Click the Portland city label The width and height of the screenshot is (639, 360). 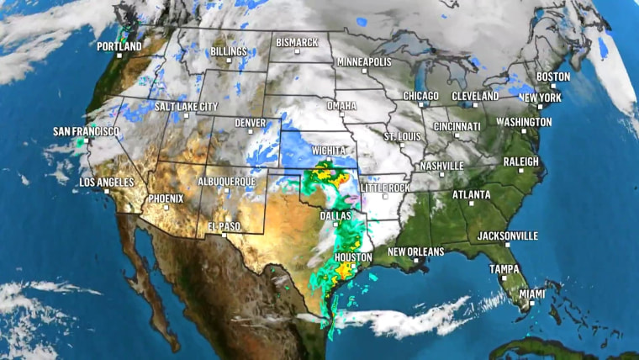point(119,45)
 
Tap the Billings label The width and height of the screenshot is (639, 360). point(229,51)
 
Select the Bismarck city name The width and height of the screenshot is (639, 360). point(296,42)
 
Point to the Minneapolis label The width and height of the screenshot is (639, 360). point(364,62)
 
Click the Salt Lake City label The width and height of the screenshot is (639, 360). point(186,107)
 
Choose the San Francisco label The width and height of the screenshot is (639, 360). point(86,132)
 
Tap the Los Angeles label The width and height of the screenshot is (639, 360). point(107,183)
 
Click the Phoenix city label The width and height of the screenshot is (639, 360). point(166,199)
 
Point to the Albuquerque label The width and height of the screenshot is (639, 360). point(226,181)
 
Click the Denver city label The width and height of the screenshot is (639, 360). point(250,123)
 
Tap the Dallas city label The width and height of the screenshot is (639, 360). point(335,216)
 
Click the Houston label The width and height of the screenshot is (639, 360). point(353,257)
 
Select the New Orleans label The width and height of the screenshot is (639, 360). point(415,251)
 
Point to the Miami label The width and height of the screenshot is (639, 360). point(531,294)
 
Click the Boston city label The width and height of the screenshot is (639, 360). point(553,77)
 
